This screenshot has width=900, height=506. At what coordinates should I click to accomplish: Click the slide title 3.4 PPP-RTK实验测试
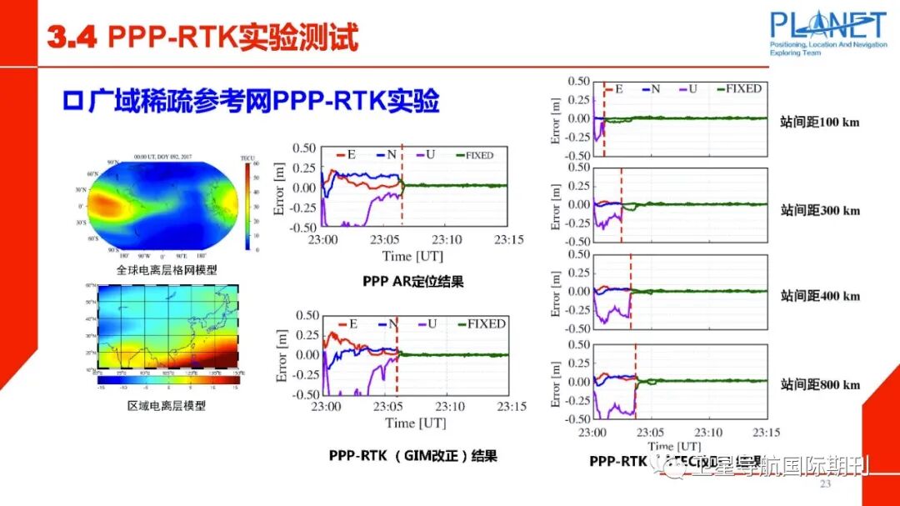point(202,37)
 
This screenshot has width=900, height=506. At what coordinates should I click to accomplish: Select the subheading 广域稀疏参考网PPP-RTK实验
point(251,101)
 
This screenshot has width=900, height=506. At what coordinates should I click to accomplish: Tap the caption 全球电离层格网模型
point(166,269)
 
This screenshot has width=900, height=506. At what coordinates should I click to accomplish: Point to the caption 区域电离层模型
point(166,406)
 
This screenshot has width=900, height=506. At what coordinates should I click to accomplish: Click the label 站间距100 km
point(820,123)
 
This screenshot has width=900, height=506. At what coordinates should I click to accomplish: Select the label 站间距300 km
point(820,210)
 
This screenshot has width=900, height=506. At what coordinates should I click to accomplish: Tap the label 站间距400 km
point(820,296)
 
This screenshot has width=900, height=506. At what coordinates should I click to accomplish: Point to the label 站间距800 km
point(820,384)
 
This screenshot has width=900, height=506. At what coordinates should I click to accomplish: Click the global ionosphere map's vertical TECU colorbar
point(247,205)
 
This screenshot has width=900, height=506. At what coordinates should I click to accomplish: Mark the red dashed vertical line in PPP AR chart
point(402,185)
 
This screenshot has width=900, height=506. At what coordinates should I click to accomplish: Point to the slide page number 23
point(826,484)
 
